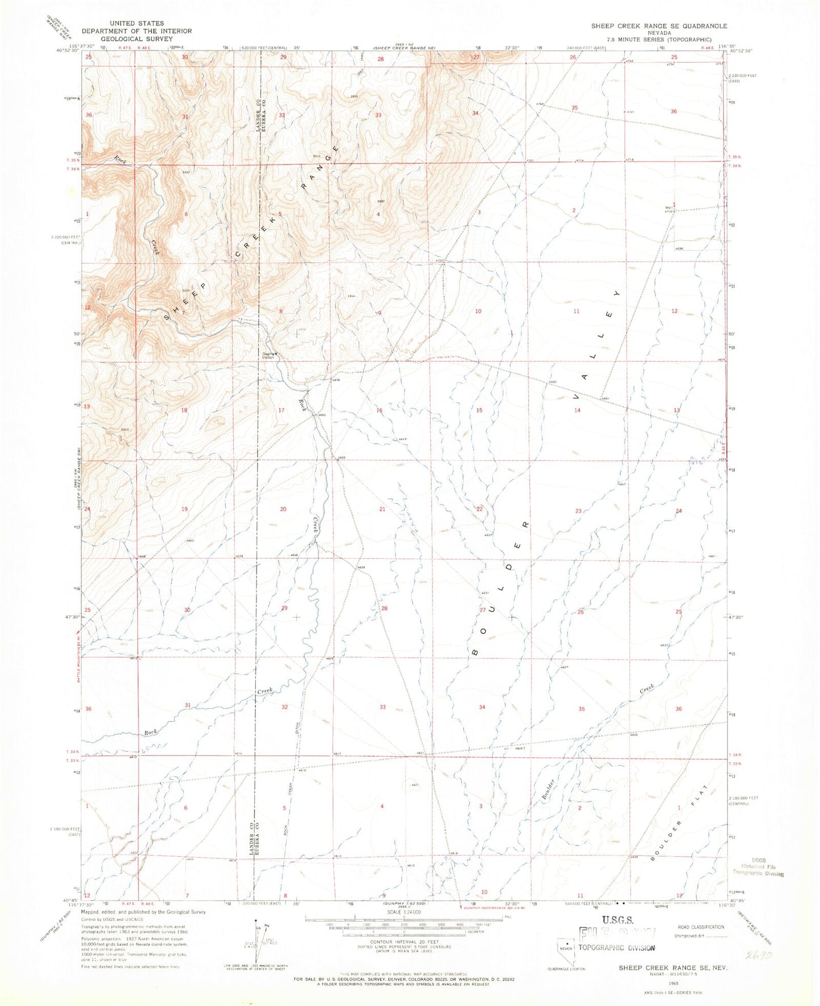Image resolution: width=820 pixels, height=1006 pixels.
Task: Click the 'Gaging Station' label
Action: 268,356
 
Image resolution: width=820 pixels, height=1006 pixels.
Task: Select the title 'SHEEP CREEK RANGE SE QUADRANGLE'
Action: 659,26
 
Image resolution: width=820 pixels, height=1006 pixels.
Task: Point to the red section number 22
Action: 480,509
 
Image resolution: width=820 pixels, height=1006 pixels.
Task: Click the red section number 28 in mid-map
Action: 384,608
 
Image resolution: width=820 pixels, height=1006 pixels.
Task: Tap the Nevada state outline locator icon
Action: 566,948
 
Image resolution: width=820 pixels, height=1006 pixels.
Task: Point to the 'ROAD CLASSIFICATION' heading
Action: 701,927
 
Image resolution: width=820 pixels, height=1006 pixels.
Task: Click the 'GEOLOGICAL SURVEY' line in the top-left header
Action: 136,39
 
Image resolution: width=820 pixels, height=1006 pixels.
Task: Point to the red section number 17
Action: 281,410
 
